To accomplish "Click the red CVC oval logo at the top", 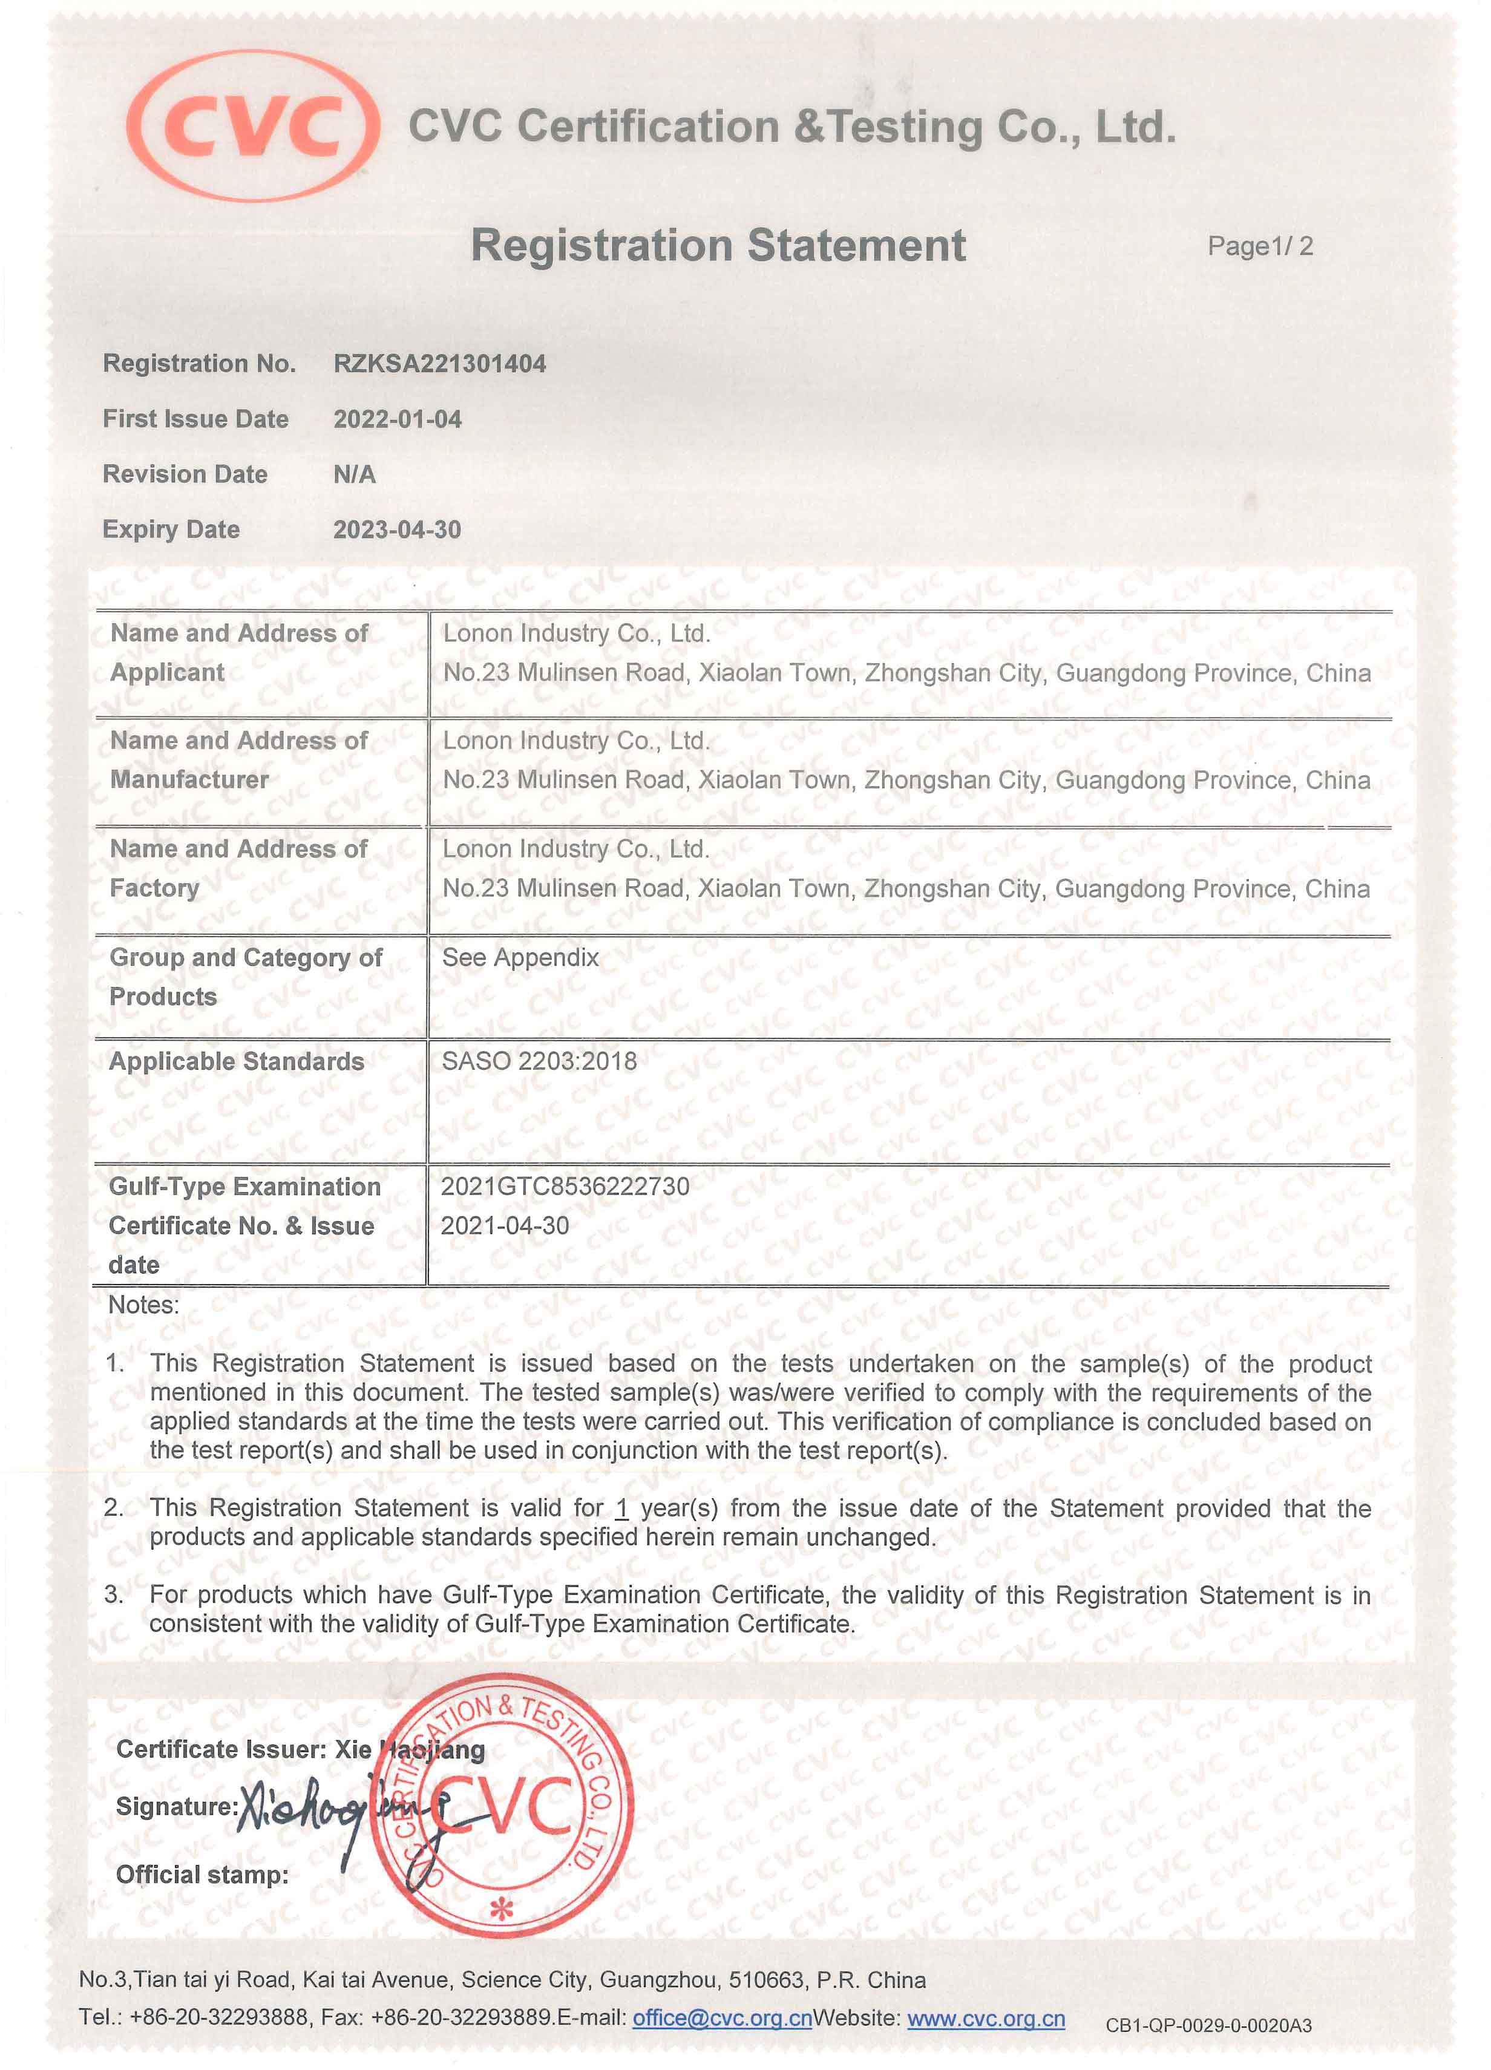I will point(253,125).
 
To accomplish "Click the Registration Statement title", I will point(718,246).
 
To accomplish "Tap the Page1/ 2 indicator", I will point(1260,246).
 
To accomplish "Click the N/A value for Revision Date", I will point(354,474).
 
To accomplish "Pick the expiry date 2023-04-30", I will point(397,529).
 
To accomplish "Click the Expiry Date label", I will point(171,529).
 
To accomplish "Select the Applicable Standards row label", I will point(237,1061).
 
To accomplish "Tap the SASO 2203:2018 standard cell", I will point(539,1061).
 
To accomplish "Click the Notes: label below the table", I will point(143,1305).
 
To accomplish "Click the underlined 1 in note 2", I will point(622,1508).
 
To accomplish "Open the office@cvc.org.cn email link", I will point(722,2018).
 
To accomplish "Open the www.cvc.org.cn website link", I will point(986,2018).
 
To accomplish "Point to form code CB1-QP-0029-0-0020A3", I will point(1208,2025).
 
